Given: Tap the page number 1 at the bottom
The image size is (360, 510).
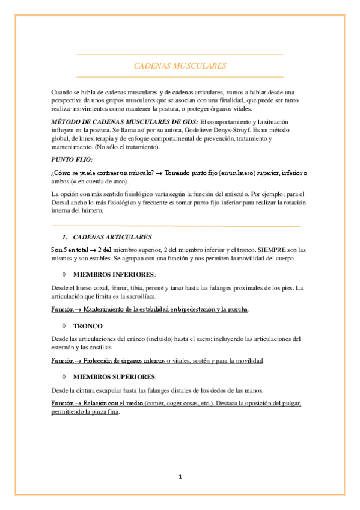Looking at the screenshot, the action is [180, 476].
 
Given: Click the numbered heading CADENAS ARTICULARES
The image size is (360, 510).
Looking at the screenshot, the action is [111, 237].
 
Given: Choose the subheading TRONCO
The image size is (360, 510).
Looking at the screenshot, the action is [88, 325].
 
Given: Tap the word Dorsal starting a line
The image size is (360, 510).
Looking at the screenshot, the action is [62, 203].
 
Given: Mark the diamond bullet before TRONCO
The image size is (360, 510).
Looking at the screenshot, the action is [63, 325].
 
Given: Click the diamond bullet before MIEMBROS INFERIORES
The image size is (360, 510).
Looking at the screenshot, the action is [63, 274].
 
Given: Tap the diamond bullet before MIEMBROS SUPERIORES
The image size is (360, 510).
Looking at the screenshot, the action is [63, 377].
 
